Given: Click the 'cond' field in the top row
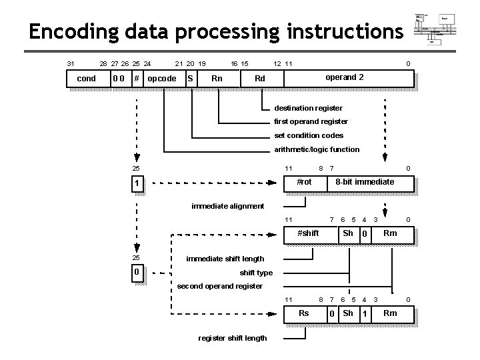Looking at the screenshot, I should pyautogui.click(x=87, y=79).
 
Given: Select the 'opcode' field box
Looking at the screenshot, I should pyautogui.click(x=161, y=79).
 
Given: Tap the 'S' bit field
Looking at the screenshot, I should pyautogui.click(x=191, y=79).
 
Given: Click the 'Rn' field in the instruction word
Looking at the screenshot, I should pyautogui.click(x=217, y=79).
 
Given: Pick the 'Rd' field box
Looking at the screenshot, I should pyautogui.click(x=260, y=79).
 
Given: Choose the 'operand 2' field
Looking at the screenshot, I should pyautogui.click(x=345, y=78).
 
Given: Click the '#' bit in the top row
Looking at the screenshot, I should pyautogui.click(x=136, y=79).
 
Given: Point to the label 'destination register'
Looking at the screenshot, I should pyautogui.click(x=308, y=108).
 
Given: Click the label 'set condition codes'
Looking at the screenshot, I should pyautogui.click(x=309, y=135).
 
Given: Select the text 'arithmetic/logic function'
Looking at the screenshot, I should pyautogui.click(x=317, y=149).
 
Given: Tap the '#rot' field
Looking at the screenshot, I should pyautogui.click(x=303, y=182).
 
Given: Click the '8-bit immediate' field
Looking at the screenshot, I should pyautogui.click(x=365, y=182).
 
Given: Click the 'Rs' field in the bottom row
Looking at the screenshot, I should pyautogui.click(x=303, y=313).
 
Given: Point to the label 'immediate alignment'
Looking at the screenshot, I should pyautogui.click(x=227, y=206).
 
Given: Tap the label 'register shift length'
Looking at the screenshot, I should pyautogui.click(x=233, y=338).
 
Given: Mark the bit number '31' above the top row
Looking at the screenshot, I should pyautogui.click(x=71, y=64).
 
